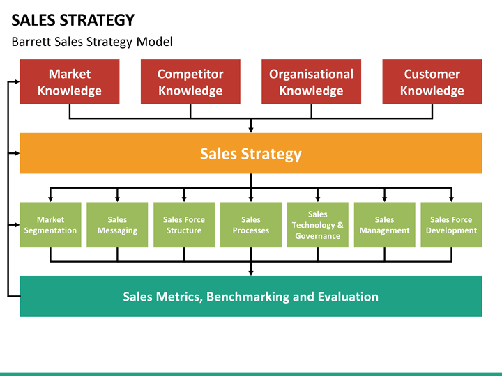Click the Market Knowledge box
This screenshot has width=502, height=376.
coord(70,81)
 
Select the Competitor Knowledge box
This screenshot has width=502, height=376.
coord(190,81)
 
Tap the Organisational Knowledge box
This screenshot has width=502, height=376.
coord(311,81)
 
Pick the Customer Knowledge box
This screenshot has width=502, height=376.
coord(432,81)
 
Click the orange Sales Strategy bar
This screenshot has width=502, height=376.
coord(251,153)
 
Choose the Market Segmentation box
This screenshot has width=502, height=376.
coord(51,225)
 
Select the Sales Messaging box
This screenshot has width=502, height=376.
coord(117,225)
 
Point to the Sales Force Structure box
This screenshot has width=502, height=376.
coord(184,225)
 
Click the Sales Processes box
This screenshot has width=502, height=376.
coord(251,225)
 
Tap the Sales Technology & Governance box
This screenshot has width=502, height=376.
coord(318,225)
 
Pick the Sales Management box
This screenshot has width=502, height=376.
coord(384,225)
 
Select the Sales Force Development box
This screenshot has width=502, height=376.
coord(451,225)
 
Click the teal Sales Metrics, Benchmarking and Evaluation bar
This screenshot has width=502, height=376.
coord(251,297)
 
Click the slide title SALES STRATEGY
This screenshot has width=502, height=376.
coord(73,20)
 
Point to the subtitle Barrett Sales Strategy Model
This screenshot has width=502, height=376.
coord(92,42)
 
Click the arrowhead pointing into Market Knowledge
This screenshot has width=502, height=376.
coord(17,82)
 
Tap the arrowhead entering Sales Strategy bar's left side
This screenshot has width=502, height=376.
coord(17,153)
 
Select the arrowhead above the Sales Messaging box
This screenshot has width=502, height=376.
coord(117,199)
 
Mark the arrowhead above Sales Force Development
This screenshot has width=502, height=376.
coord(451,199)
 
